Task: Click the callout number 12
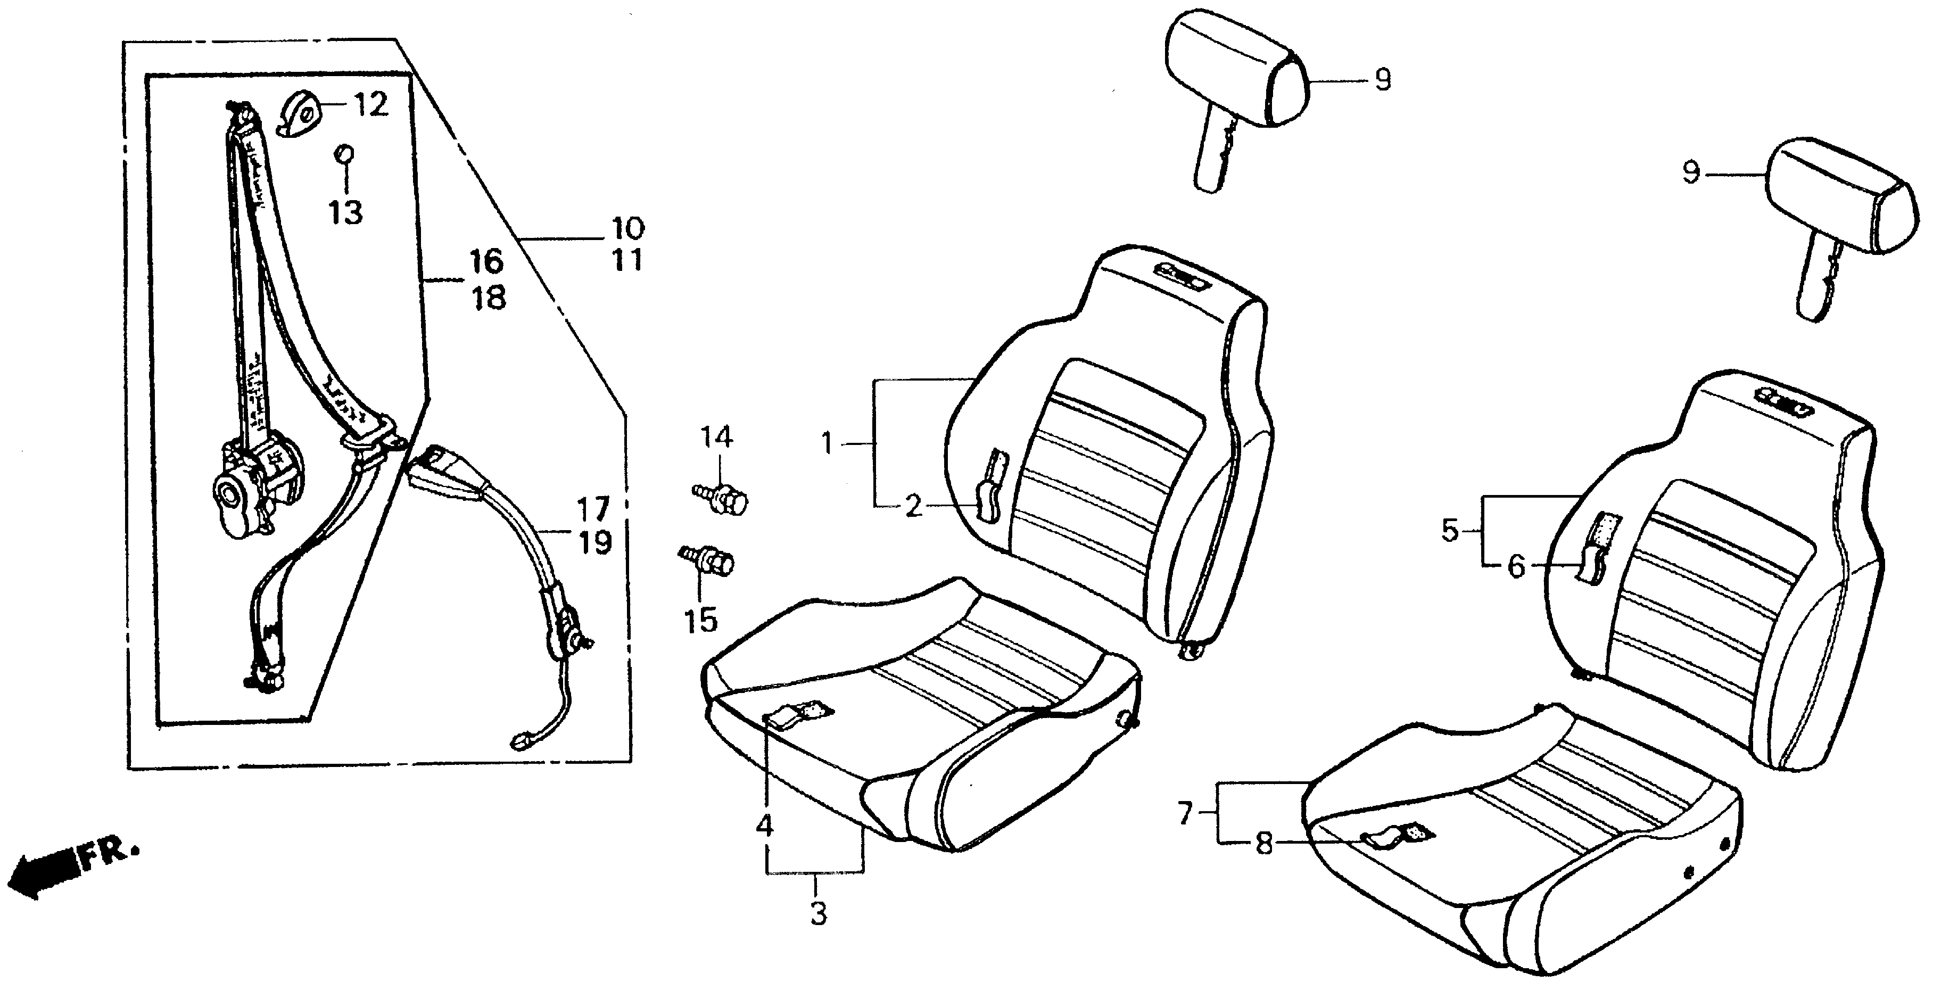click(371, 105)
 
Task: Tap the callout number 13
click(345, 212)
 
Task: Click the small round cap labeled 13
click(344, 154)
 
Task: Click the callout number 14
click(716, 437)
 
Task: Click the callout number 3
click(818, 913)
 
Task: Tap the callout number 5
click(1450, 531)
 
